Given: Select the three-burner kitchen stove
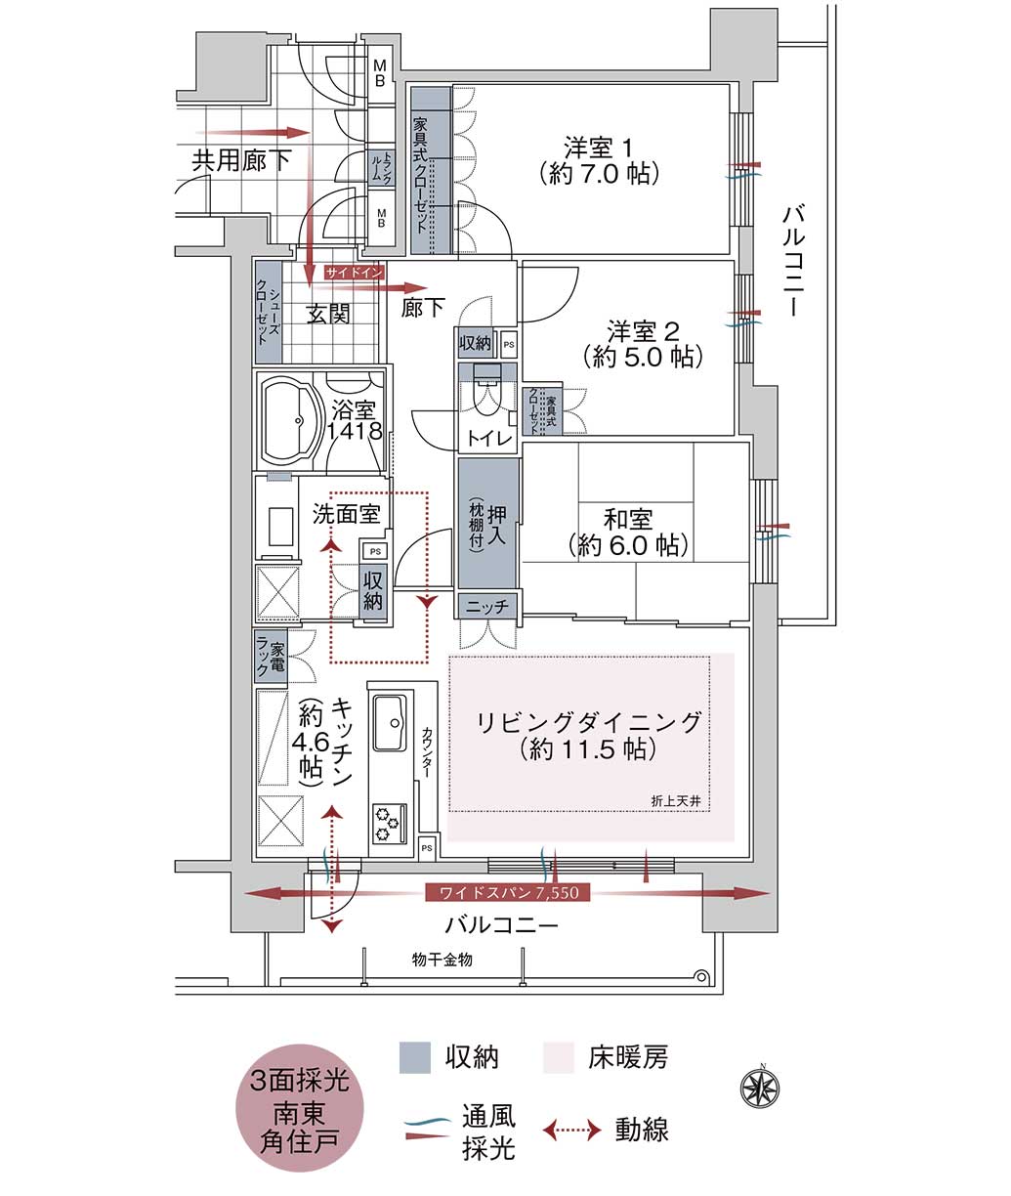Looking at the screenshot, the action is (389, 823).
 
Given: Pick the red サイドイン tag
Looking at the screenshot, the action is (354, 273).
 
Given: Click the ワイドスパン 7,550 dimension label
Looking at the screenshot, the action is (508, 893).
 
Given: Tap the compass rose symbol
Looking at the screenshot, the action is (760, 1089).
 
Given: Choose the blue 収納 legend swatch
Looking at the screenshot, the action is (415, 1057).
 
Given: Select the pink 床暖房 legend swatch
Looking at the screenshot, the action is (558, 1057).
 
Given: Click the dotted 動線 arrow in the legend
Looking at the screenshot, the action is (572, 1129).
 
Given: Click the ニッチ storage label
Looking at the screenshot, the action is (487, 606).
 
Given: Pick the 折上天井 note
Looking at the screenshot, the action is (676, 801).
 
